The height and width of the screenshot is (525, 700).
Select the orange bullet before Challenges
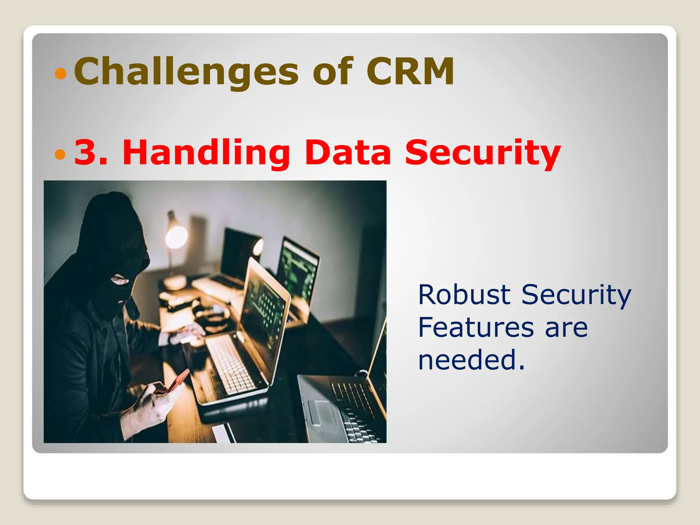click(60, 73)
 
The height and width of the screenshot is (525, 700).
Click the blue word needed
click(471, 360)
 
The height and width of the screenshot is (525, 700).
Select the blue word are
click(566, 327)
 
